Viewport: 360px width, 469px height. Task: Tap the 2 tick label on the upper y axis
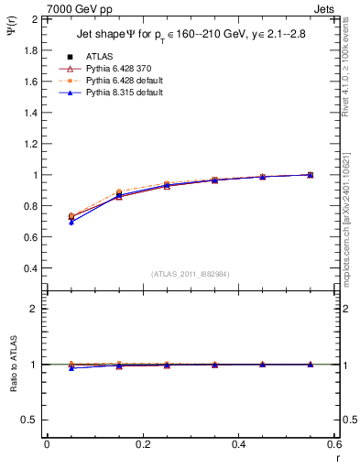[35, 19]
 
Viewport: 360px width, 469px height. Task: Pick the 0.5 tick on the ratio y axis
[30, 420]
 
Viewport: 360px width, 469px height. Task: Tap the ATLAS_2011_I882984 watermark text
[191, 274]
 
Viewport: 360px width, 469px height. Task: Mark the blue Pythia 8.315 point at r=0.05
[71, 222]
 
